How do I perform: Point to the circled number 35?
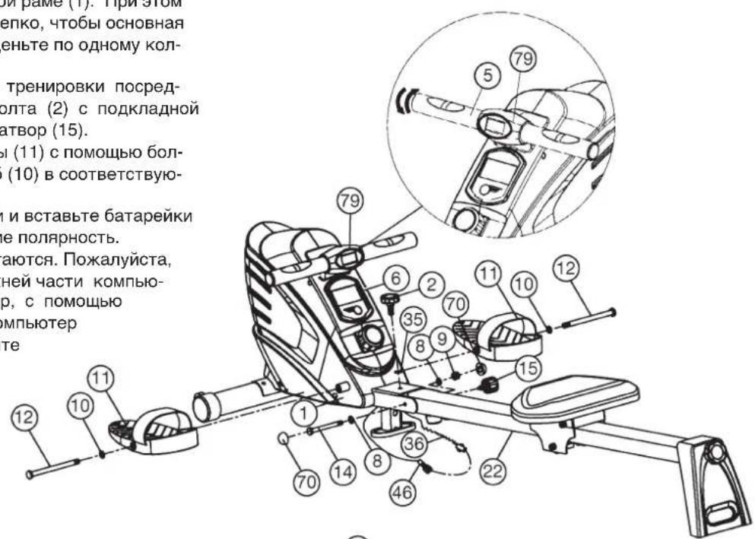pyautogui.click(x=412, y=318)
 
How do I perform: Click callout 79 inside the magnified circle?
pyautogui.click(x=528, y=58)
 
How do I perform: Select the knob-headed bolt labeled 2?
pyautogui.click(x=392, y=305)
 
